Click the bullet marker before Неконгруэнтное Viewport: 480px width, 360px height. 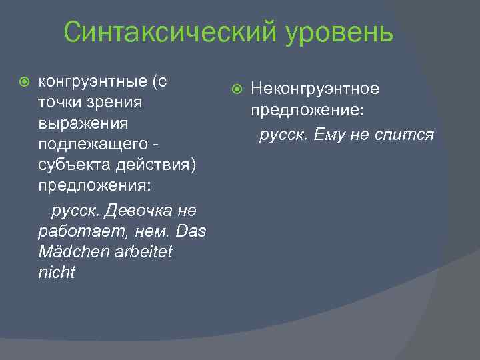238,89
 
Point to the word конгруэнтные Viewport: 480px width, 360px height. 93,82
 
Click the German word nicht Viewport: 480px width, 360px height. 57,273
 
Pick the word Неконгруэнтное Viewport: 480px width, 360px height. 315,89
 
